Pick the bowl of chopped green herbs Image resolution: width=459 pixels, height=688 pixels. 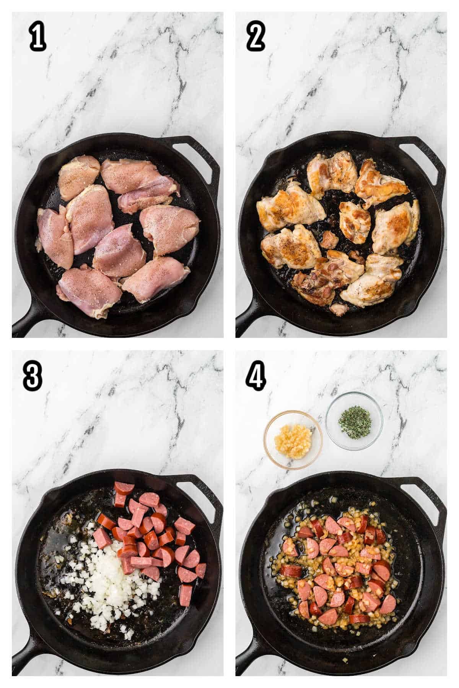click(354, 420)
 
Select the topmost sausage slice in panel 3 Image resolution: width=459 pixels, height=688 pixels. click(124, 488)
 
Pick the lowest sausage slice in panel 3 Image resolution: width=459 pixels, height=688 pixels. click(186, 595)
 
